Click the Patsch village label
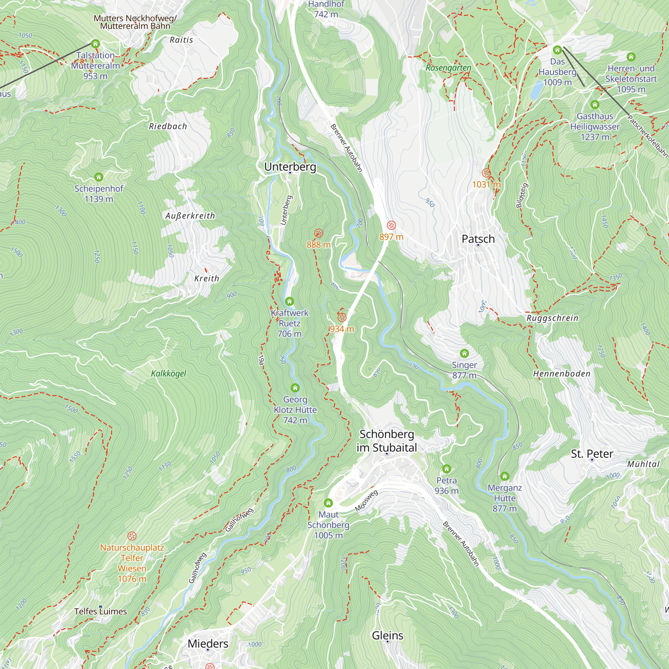[478, 239]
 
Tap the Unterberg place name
[290, 167]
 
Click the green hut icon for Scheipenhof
[99, 177]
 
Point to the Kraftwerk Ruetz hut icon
[289, 301]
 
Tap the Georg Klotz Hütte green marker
[295, 388]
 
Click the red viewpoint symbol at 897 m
[391, 225]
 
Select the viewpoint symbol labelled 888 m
[318, 233]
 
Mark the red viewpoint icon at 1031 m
[486, 173]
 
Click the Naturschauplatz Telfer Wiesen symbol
[131, 536]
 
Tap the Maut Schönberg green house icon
[328, 502]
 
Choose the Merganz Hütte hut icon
[504, 476]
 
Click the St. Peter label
[592, 454]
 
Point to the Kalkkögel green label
[168, 373]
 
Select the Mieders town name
[208, 643]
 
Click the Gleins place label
[387, 635]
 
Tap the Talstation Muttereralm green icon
[95, 43]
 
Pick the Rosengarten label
[448, 68]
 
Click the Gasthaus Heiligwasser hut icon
[594, 105]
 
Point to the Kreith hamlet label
[206, 278]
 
